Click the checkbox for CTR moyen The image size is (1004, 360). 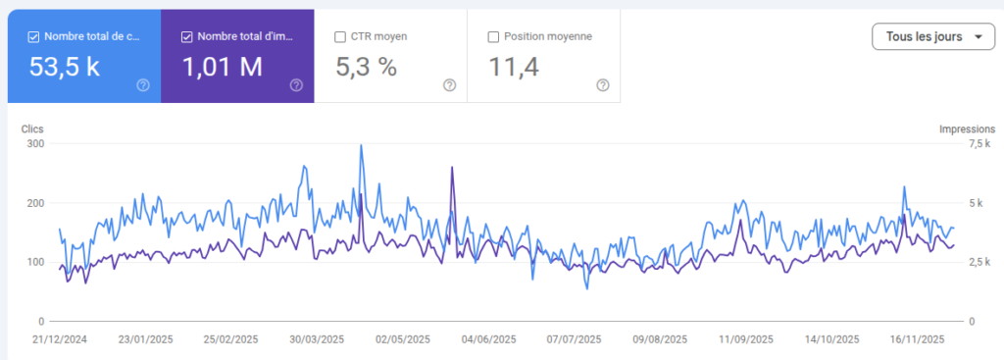[x=340, y=37]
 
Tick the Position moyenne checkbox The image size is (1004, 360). [x=493, y=37]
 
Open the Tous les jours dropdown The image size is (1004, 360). [x=932, y=37]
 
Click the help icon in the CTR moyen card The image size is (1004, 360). [x=449, y=85]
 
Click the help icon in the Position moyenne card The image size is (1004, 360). [x=603, y=85]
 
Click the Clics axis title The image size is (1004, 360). [x=32, y=129]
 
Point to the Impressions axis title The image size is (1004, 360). [x=967, y=129]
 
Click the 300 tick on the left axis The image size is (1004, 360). [x=35, y=144]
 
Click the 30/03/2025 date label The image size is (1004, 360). [x=317, y=339]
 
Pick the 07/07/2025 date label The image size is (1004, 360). [x=574, y=339]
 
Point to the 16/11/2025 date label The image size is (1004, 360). [x=917, y=339]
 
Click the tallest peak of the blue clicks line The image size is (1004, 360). [x=361, y=146]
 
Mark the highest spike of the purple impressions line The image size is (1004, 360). [x=452, y=168]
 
